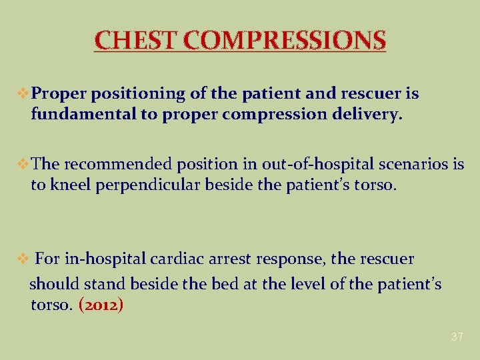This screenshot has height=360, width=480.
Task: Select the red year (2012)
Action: point(101,305)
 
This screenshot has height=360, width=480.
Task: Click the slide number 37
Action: point(457,337)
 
